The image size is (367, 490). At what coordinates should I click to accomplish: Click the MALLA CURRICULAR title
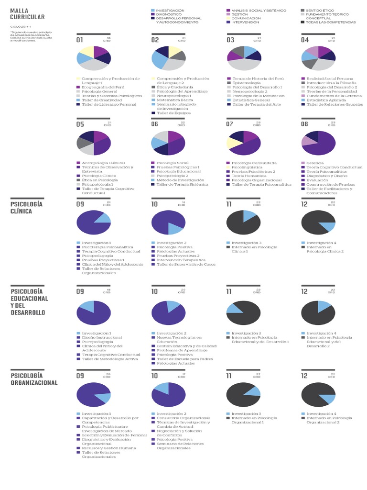[x=27, y=13]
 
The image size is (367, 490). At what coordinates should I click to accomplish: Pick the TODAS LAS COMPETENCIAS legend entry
[x=331, y=22]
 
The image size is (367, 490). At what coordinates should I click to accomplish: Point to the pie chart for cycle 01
[x=94, y=58]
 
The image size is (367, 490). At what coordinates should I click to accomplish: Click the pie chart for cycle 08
[x=318, y=143]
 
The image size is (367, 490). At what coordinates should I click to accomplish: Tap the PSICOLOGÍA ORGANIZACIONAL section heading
[x=33, y=379]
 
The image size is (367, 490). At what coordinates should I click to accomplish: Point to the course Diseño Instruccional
[x=102, y=337]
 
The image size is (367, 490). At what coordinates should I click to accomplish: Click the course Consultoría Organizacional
[x=183, y=418]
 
